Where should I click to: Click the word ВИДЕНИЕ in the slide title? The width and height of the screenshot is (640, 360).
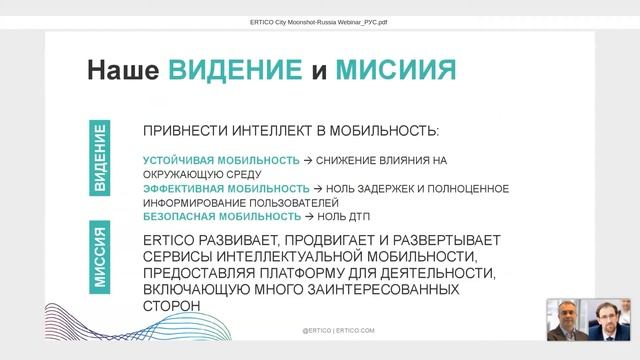(235, 69)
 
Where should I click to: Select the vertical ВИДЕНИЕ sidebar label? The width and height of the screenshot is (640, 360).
(101, 160)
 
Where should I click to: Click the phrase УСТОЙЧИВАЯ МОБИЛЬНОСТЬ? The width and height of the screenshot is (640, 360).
(221, 160)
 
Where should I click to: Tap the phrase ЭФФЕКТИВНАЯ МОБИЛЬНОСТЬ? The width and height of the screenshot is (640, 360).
(225, 188)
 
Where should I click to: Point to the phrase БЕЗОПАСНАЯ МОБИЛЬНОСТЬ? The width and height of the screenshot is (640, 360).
(221, 216)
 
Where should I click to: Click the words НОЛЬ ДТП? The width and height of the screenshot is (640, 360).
(343, 216)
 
